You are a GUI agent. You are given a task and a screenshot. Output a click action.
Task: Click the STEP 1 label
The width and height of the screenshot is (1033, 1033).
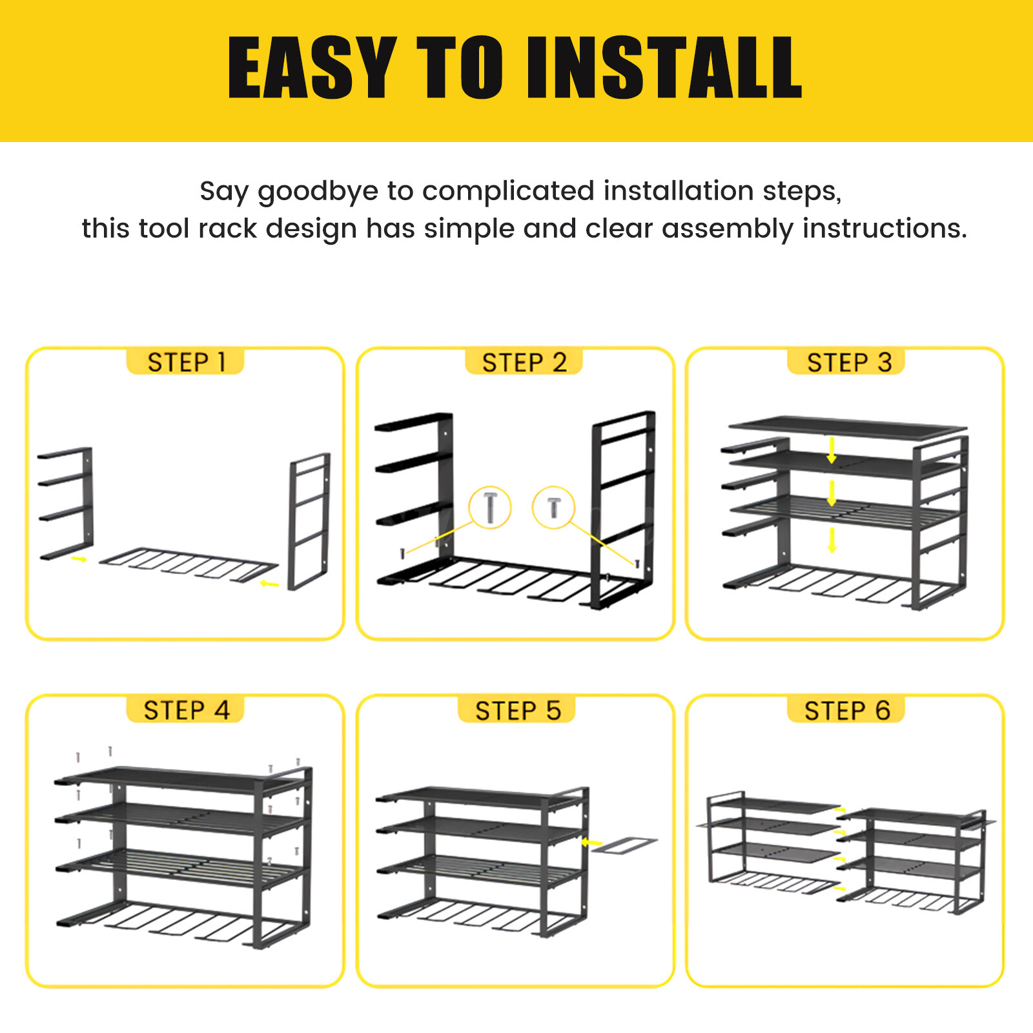pyautogui.click(x=186, y=362)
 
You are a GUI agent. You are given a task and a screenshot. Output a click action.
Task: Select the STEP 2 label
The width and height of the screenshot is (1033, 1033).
pyautogui.click(x=524, y=362)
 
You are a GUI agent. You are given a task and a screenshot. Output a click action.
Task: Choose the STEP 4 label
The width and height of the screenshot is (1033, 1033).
pyautogui.click(x=186, y=710)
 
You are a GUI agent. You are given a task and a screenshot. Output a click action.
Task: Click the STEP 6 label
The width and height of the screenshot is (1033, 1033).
pyautogui.click(x=846, y=710)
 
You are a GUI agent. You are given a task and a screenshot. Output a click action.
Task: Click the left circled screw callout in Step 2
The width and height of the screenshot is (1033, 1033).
pyautogui.click(x=490, y=507)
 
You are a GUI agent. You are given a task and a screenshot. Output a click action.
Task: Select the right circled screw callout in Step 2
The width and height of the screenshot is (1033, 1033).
pyautogui.click(x=553, y=507)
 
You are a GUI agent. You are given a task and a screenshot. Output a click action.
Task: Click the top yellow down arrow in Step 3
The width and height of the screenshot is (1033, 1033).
pyautogui.click(x=832, y=450)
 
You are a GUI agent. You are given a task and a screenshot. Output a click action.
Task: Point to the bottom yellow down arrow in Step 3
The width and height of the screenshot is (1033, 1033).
pyautogui.click(x=832, y=540)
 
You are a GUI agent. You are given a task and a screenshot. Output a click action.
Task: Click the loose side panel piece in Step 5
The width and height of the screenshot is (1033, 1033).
pyautogui.click(x=624, y=845)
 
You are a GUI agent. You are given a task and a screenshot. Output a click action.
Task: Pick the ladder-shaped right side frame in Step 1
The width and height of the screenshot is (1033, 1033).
pyautogui.click(x=309, y=520)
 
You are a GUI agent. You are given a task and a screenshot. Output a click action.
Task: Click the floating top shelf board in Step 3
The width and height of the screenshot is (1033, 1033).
pyautogui.click(x=847, y=426)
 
